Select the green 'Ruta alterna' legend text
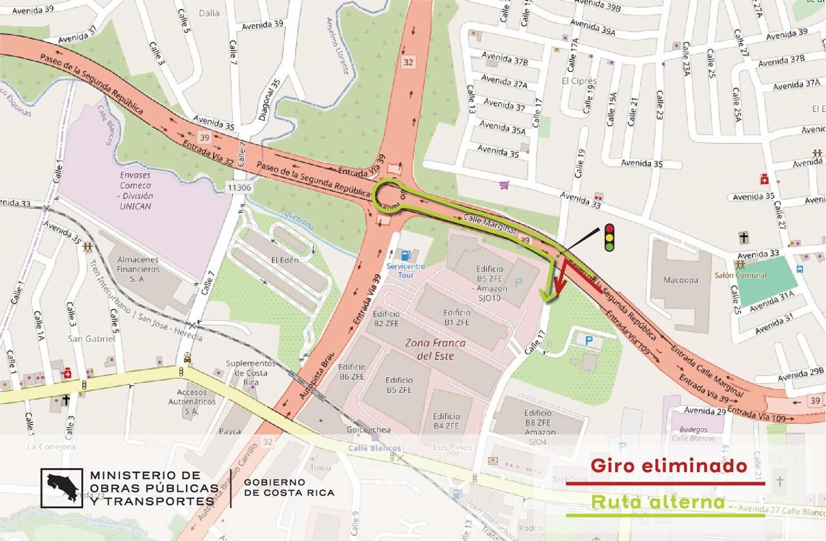[658, 502]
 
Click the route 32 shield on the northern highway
[408, 62]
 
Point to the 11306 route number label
[239, 187]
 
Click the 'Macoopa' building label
[681, 280]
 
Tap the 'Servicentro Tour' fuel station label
[405, 270]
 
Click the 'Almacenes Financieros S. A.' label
[137, 269]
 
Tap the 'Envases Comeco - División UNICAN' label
[136, 190]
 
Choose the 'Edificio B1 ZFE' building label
[457, 316]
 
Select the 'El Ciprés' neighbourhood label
[579, 81]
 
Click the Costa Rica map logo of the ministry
[62, 489]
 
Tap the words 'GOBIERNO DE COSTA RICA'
[289, 487]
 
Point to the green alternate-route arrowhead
[549, 297]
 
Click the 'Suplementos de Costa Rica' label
[247, 373]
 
